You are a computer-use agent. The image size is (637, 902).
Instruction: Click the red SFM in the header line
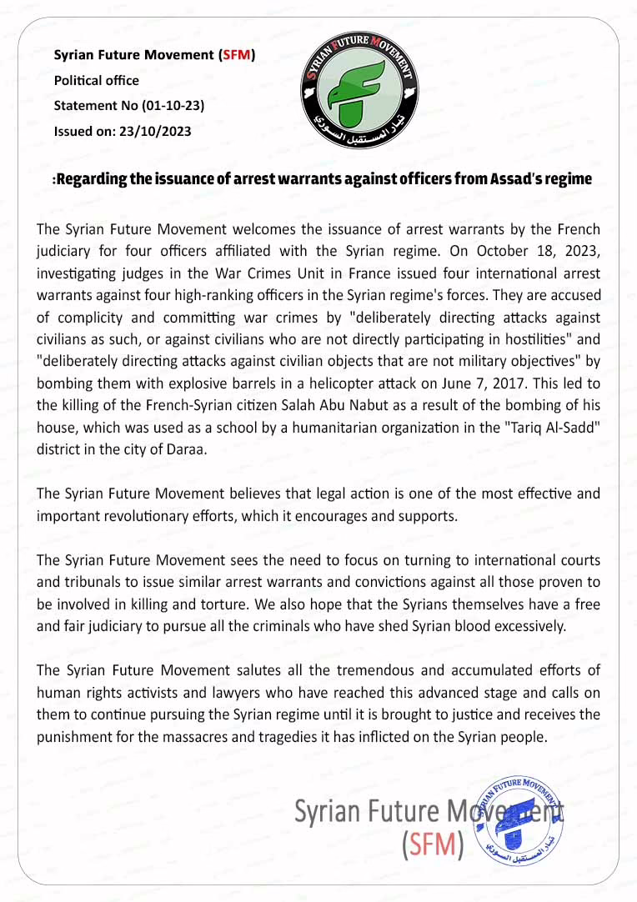pos(236,56)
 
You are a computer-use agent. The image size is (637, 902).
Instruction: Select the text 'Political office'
pos(96,81)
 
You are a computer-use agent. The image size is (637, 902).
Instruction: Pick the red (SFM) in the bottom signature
pos(431,844)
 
